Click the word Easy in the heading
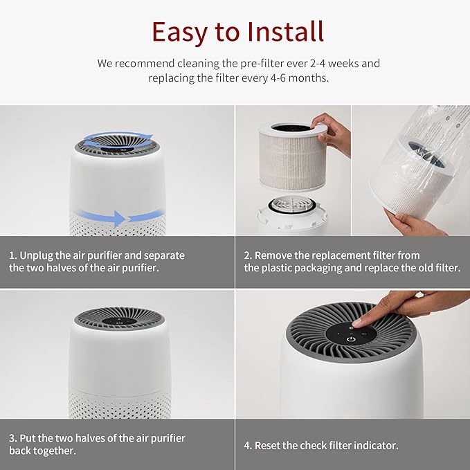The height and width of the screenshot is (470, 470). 180,31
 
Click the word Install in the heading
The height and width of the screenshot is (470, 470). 283,31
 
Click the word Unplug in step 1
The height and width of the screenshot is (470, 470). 39,255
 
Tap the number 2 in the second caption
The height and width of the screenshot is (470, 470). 247,255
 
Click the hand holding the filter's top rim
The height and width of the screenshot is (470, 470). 333,134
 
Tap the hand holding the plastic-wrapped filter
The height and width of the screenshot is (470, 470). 416,223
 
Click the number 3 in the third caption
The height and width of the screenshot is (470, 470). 12,438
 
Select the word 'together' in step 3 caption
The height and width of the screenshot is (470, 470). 59,451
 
